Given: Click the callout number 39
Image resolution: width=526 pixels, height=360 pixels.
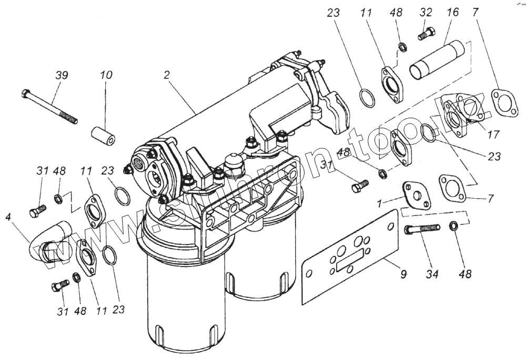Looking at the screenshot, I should point(62,76).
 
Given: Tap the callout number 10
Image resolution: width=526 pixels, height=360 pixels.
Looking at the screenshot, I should point(106,75).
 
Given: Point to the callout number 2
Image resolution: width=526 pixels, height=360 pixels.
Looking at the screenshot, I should point(167,75).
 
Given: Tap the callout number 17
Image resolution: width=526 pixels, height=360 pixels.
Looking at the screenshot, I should point(493,135).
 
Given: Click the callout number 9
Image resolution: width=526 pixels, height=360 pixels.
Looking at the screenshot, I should point(403,273).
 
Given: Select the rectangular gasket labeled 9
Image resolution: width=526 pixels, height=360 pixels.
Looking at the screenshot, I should point(350,256).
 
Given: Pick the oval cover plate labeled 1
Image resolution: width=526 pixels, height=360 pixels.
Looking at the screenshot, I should point(417,196).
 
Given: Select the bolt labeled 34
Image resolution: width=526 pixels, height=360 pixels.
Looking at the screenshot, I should point(421,229).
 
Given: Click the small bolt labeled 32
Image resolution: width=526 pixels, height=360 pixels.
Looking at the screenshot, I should point(426,34).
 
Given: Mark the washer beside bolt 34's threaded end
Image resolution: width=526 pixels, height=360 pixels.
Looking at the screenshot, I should point(453,227).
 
